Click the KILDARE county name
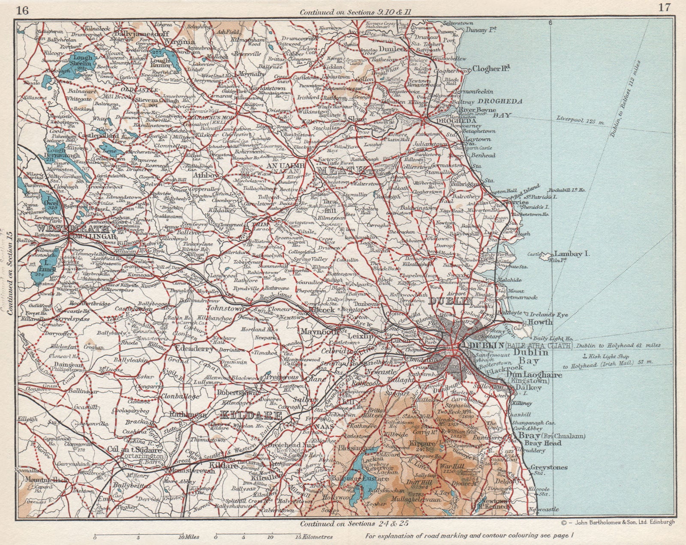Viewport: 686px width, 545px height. click(x=251, y=415)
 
